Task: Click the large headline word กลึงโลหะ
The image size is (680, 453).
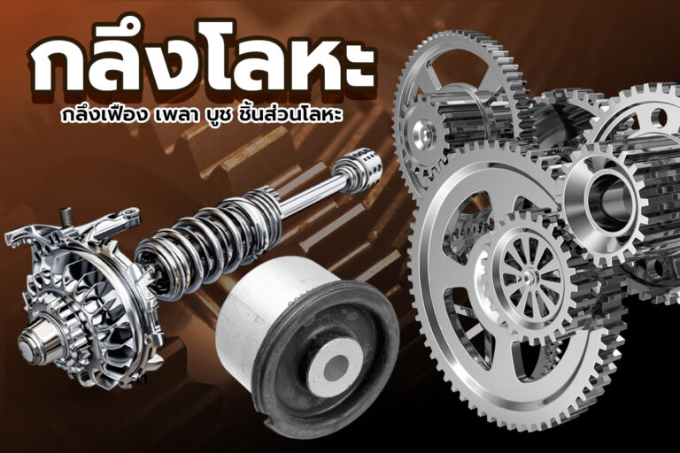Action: tap(201, 65)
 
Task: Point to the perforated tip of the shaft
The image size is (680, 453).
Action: tap(361, 165)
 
